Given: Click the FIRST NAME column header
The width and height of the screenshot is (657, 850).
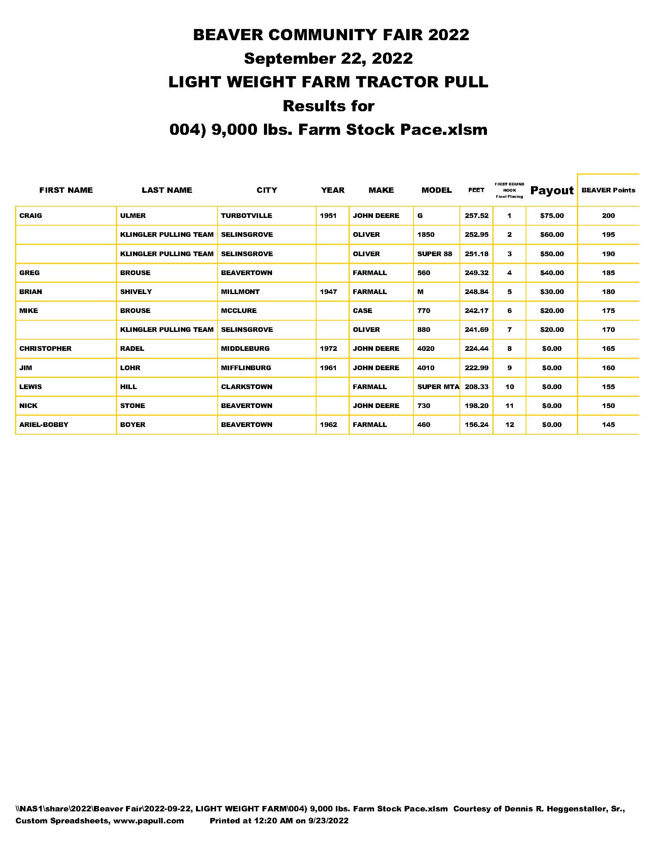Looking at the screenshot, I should [66, 190].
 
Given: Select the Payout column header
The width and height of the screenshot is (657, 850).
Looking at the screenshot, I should [551, 190].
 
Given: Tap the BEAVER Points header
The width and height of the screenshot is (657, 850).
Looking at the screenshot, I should [608, 190].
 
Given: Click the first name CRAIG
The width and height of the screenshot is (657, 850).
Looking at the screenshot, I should [31, 216].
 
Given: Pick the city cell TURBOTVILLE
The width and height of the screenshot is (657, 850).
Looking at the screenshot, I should [247, 216].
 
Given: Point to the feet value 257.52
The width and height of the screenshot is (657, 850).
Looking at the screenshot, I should [477, 216].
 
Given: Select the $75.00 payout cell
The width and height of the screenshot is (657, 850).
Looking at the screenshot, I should [551, 216].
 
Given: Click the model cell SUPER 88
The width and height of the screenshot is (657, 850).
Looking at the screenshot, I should [434, 254].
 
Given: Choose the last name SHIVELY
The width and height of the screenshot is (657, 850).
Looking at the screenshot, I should [136, 291].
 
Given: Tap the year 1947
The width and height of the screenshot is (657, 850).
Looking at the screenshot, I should [328, 291].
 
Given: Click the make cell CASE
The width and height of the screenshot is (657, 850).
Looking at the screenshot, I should [363, 311].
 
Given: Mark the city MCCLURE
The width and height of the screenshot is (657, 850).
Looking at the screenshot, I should [238, 311].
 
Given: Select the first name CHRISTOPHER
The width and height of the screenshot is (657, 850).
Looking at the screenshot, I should [46, 348].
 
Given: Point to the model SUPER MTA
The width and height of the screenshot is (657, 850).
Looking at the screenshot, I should [438, 387].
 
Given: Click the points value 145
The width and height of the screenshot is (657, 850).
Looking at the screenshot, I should [608, 425].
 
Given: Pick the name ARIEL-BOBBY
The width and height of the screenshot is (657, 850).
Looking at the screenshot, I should [44, 425].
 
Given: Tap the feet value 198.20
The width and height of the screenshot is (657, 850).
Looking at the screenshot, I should [477, 406].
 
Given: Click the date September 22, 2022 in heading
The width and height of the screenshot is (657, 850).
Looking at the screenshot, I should [328, 58].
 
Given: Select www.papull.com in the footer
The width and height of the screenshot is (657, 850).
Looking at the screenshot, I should [148, 820].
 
